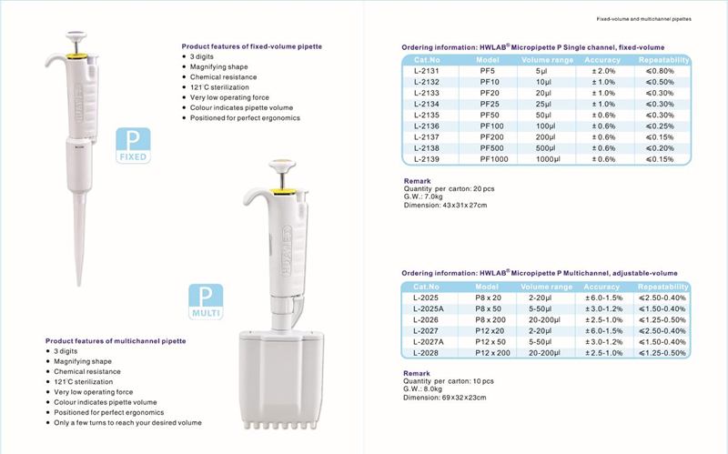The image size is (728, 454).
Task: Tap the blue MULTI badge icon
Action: tap(205, 302)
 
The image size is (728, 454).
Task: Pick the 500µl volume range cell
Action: tap(543, 147)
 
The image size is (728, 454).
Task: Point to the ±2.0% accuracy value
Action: tap(603, 70)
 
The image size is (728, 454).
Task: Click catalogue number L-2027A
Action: tap(427, 341)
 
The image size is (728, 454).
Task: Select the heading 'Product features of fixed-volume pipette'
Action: tap(252, 45)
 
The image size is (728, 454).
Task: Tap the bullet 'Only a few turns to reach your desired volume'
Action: tap(127, 422)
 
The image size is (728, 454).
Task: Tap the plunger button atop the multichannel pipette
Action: tap(283, 167)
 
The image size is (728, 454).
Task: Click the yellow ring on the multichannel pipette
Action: tap(284, 193)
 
